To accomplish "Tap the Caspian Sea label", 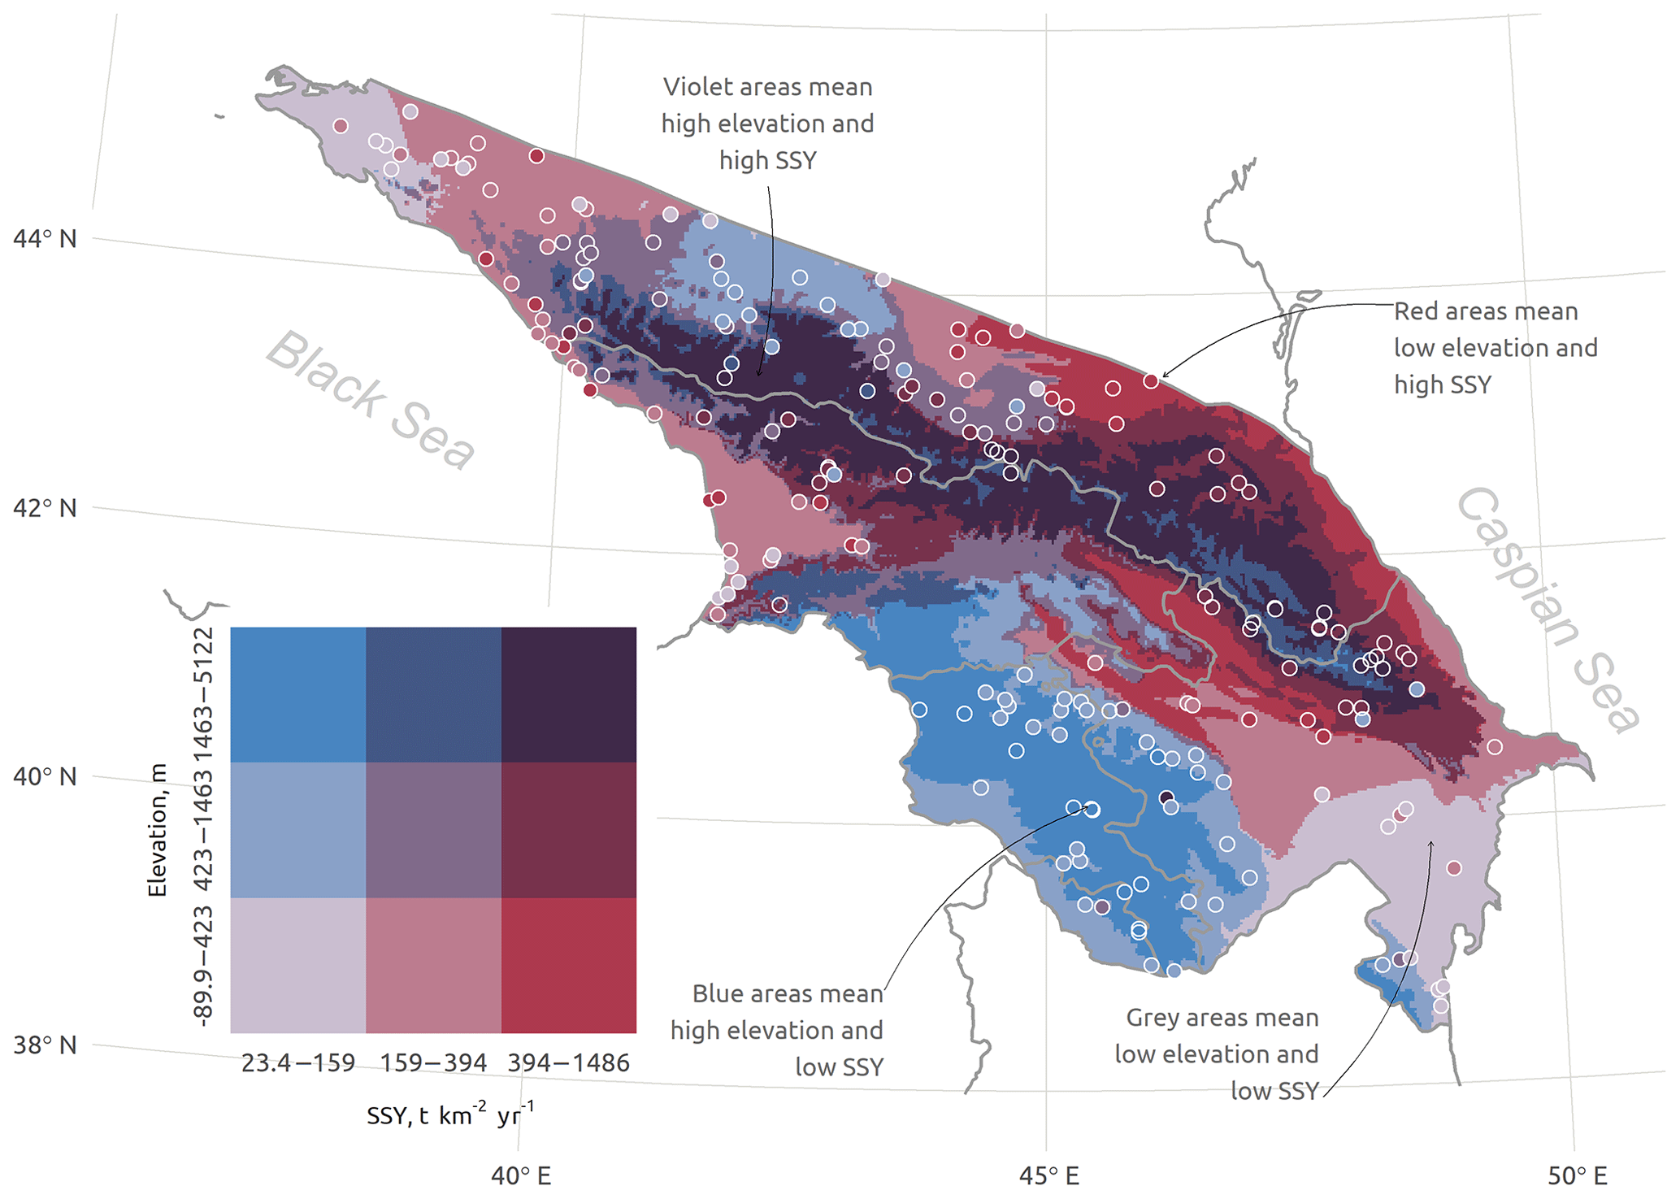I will click(1548, 610).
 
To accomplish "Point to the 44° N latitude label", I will click(45, 239).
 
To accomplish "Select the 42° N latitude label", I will click(45, 508).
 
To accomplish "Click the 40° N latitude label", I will click(45, 776).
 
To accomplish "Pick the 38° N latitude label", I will click(45, 1045).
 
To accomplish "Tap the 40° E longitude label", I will click(520, 1175).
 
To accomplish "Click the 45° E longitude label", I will click(1048, 1175).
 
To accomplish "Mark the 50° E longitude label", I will click(1577, 1175).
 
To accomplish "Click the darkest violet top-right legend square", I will click(568, 694).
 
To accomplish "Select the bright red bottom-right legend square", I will click(568, 965).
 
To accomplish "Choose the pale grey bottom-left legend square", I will click(298, 965).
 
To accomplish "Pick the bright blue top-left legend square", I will click(298, 694).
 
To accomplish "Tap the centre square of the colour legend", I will click(433, 830).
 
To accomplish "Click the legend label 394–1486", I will click(568, 1062).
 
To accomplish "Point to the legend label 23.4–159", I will click(298, 1062).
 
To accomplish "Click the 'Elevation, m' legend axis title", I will click(157, 830).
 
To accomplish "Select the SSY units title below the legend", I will click(450, 1114).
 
